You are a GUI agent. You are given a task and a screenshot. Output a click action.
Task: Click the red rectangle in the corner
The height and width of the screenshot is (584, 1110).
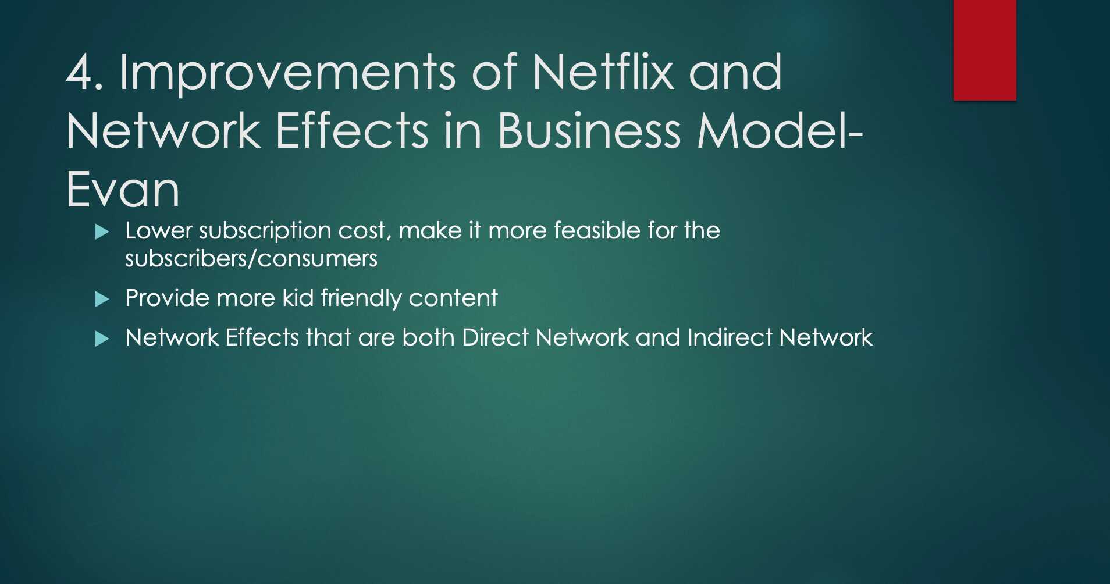(x=984, y=50)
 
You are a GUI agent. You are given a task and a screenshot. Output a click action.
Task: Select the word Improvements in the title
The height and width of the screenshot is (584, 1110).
(x=287, y=73)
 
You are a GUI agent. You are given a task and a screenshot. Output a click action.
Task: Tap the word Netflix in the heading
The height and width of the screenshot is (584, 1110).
(x=603, y=73)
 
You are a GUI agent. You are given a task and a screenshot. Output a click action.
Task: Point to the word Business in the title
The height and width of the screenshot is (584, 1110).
(x=589, y=131)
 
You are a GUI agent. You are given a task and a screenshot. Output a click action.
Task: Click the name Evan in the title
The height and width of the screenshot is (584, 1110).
(x=123, y=190)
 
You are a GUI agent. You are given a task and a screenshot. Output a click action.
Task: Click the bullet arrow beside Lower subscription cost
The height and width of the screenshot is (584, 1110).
(x=102, y=232)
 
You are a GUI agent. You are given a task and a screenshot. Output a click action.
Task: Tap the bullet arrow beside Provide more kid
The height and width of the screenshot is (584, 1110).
(x=102, y=300)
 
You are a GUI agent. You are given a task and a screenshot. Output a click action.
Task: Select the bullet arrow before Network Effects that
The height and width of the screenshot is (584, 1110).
(x=102, y=339)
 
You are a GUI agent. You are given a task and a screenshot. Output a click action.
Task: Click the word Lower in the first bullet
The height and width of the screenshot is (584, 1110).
(x=158, y=231)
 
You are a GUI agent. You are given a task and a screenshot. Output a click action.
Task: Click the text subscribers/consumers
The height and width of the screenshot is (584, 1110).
(x=251, y=259)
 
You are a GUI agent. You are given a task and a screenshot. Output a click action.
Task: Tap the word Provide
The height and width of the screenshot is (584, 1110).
(x=167, y=298)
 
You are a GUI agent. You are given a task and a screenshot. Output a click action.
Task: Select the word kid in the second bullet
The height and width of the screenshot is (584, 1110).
(x=298, y=298)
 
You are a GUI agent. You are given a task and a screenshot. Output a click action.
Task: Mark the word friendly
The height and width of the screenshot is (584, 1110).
(x=361, y=299)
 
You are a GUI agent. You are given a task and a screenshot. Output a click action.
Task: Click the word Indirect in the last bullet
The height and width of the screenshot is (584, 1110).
(x=730, y=338)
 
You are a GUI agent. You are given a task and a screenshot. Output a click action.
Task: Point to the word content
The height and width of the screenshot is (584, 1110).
(x=453, y=298)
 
